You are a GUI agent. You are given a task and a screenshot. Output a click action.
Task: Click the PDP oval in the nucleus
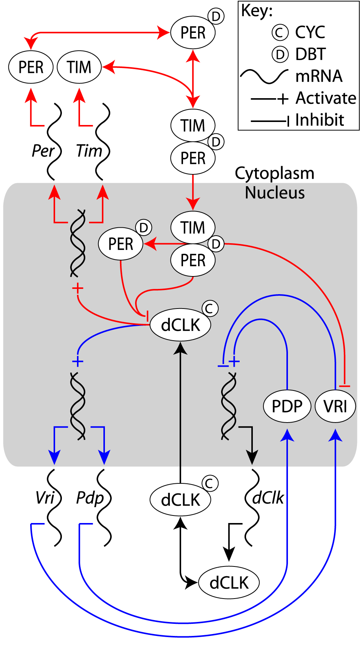(x=287, y=406)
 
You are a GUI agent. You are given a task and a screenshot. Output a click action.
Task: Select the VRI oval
(x=335, y=406)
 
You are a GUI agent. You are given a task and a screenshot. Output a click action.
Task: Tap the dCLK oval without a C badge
(x=229, y=583)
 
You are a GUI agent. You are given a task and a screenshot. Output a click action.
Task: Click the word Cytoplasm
(x=274, y=173)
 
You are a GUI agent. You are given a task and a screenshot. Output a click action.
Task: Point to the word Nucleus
(x=275, y=193)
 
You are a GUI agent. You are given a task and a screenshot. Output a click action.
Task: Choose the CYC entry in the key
(x=310, y=32)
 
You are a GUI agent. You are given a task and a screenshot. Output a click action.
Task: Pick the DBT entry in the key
(x=310, y=54)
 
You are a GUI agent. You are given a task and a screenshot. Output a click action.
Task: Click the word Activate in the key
(x=326, y=98)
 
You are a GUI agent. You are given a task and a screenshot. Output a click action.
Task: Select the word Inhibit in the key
(x=320, y=120)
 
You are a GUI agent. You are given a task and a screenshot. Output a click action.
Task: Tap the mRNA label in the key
(x=319, y=76)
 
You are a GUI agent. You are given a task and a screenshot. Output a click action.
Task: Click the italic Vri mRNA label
(x=45, y=498)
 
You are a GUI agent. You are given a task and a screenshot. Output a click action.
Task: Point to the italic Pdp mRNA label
(x=90, y=498)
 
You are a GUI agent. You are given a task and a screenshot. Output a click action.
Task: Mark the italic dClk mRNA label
(x=268, y=498)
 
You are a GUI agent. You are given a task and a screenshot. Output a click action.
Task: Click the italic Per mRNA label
(x=43, y=151)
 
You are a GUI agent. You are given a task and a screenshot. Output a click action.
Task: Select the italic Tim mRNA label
(x=89, y=151)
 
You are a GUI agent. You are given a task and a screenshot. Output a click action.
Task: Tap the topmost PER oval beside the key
(x=193, y=32)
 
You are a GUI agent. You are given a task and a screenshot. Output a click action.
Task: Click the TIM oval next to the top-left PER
(x=79, y=67)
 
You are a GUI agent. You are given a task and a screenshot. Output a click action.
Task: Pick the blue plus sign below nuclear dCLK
(x=77, y=361)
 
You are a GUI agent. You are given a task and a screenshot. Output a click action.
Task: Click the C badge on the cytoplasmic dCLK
(x=210, y=483)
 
